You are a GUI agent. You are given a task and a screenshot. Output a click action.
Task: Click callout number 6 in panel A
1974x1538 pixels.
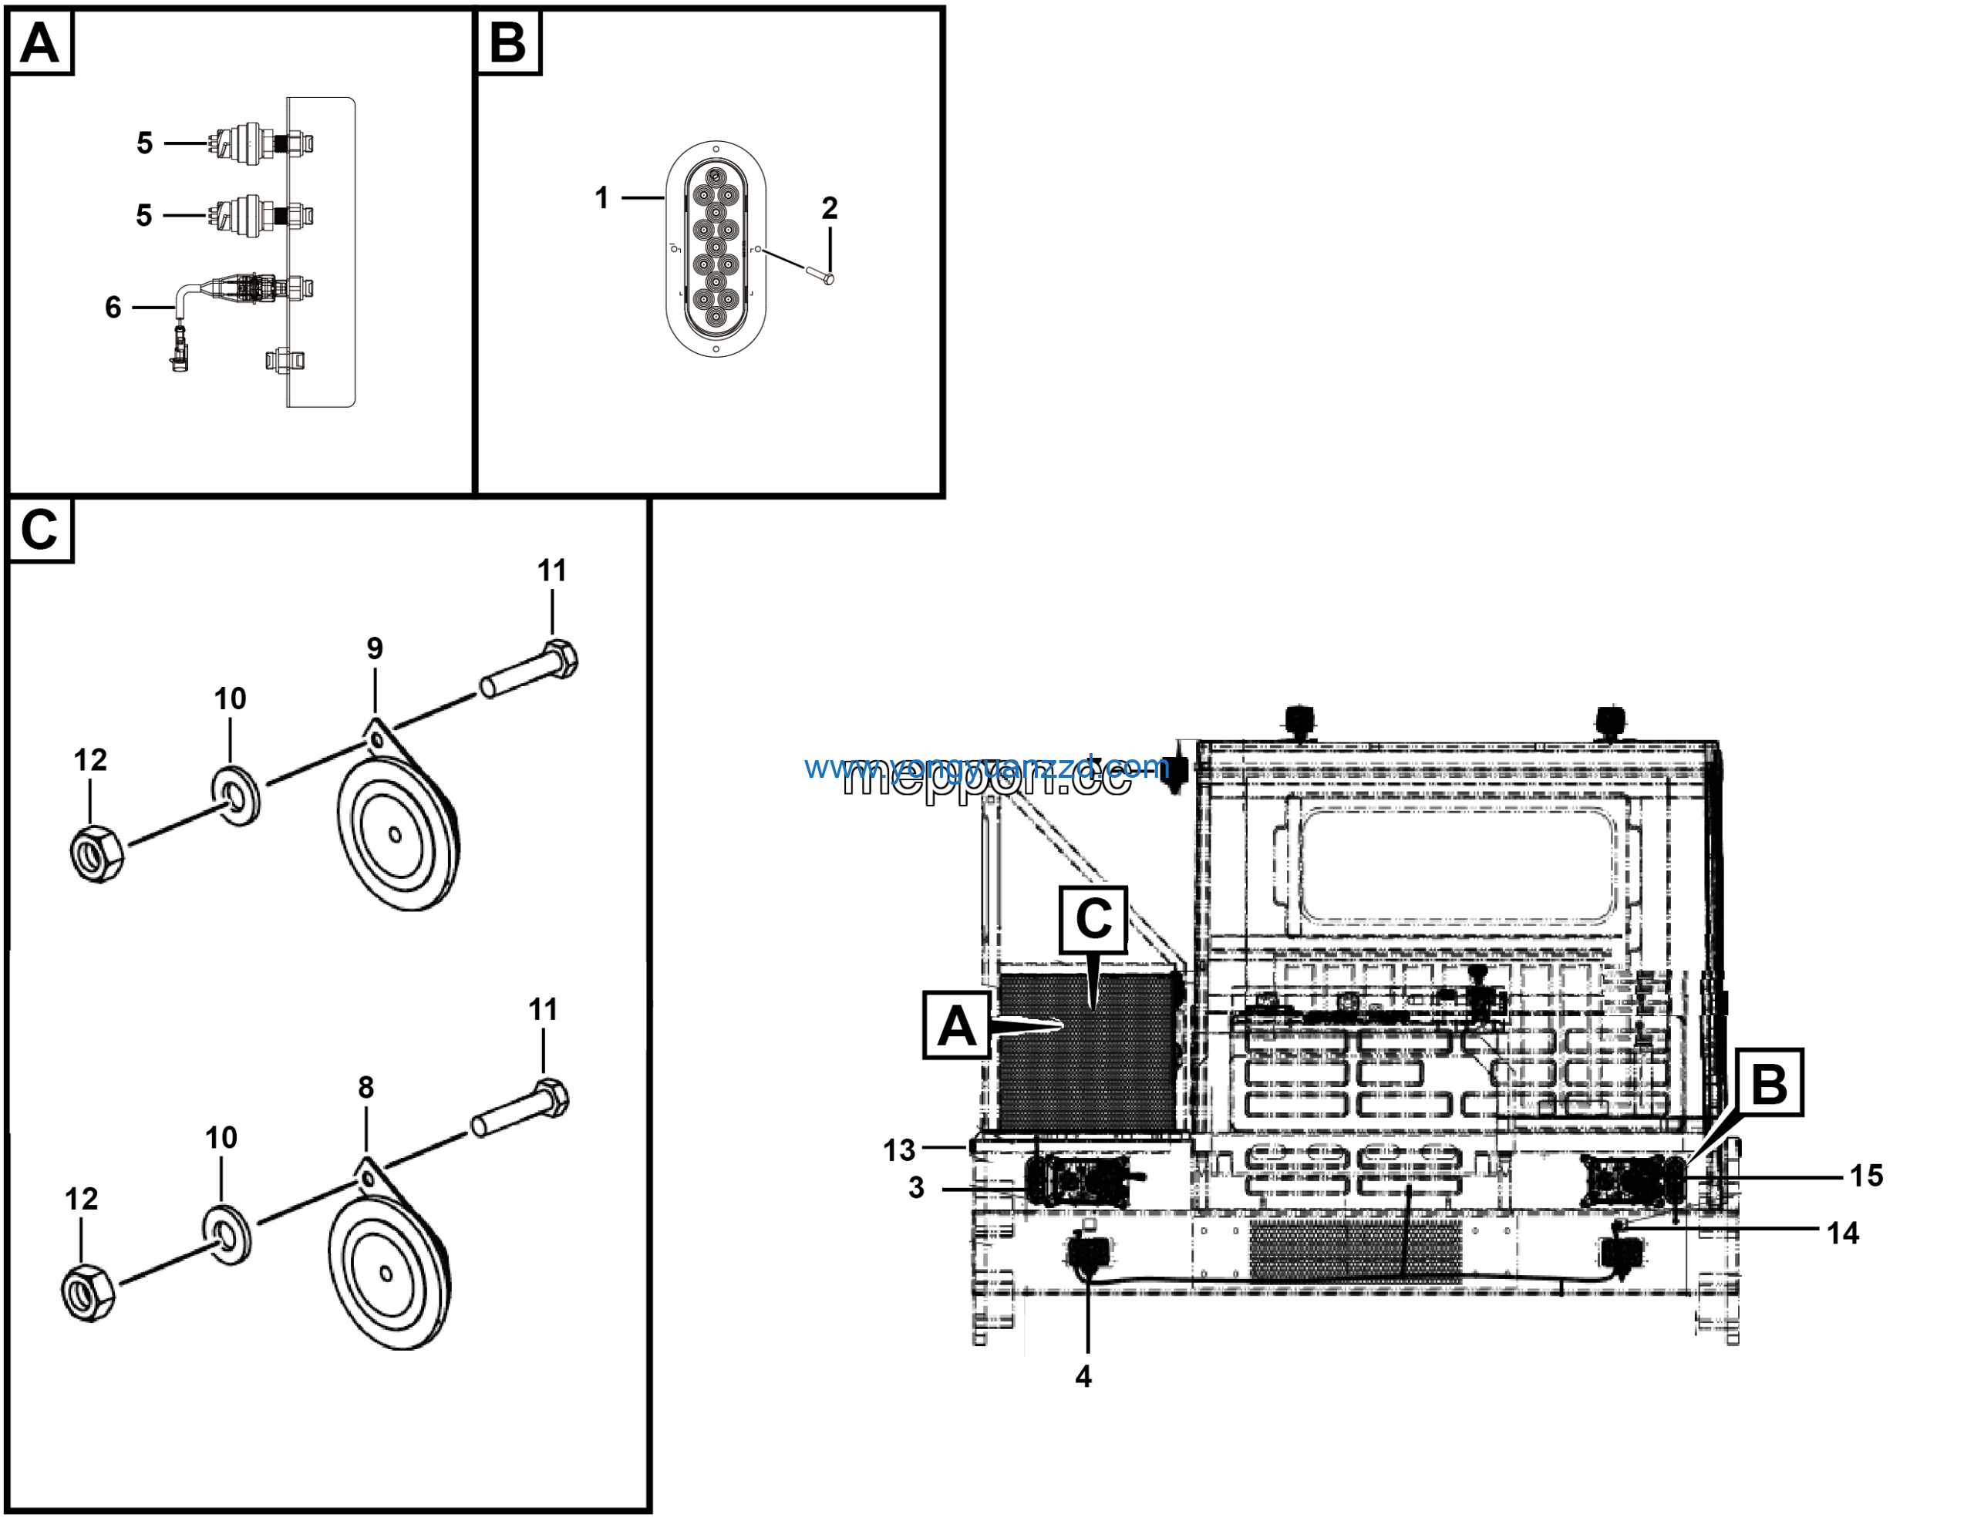click(x=113, y=308)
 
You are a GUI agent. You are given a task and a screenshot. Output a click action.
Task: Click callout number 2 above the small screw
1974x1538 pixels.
click(x=829, y=209)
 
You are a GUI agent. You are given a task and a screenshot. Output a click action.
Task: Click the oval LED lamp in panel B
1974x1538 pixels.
click(x=716, y=248)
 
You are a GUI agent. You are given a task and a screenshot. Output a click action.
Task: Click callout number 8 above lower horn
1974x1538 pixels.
click(x=365, y=1087)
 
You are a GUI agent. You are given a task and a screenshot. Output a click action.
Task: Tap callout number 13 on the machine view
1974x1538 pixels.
click(x=898, y=1150)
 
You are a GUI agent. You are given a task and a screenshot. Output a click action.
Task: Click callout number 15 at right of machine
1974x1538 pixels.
click(x=1865, y=1176)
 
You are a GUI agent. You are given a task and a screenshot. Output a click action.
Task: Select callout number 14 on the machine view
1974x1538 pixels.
click(x=1842, y=1233)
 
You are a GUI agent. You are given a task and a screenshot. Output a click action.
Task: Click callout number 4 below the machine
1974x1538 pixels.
click(x=1083, y=1376)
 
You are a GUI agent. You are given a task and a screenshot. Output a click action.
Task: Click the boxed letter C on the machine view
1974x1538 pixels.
click(x=1093, y=919)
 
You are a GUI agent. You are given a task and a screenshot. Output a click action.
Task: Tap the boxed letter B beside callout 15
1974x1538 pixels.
click(x=1769, y=1082)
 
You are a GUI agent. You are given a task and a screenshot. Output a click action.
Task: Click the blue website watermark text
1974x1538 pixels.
click(x=985, y=767)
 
